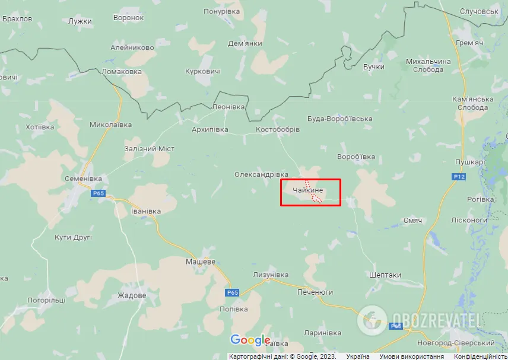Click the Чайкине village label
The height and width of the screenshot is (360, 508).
click(x=307, y=190)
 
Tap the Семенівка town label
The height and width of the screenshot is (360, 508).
click(x=83, y=179)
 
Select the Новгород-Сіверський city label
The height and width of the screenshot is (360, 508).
click(x=457, y=343)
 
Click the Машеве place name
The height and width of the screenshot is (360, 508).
click(x=200, y=262)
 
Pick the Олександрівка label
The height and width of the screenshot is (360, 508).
click(x=261, y=174)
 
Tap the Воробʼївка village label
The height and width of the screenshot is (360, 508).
click(x=355, y=157)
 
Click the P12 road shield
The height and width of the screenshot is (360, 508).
click(x=458, y=177)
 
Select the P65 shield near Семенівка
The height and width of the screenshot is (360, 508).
click(x=99, y=193)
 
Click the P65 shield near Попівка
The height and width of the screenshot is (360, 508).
click(x=232, y=292)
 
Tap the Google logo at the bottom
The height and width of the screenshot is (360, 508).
click(x=250, y=340)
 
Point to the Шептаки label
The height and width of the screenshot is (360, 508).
click(x=385, y=275)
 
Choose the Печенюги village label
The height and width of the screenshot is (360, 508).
click(x=315, y=292)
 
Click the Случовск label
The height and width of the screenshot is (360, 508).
click(x=479, y=12)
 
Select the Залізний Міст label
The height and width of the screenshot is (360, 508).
click(x=149, y=148)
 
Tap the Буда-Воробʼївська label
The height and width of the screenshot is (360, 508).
click(x=340, y=119)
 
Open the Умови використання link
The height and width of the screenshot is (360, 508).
click(x=412, y=356)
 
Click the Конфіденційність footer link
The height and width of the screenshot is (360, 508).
click(x=481, y=356)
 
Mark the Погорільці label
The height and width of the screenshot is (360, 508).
click(x=46, y=301)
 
